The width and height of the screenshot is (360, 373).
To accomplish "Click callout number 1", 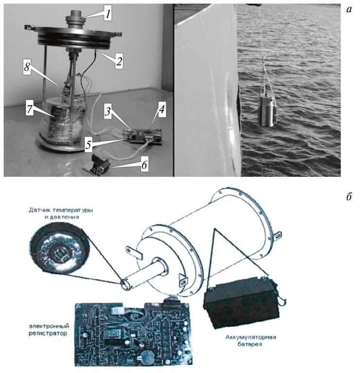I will pyautogui.click(x=108, y=14).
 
